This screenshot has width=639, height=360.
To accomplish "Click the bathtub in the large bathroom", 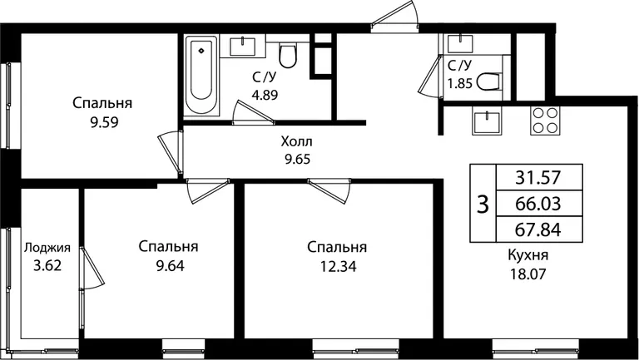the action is point(201,76).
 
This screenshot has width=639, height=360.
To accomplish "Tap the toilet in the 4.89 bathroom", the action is point(288,56).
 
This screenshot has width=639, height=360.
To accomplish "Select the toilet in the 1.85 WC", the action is point(488,81).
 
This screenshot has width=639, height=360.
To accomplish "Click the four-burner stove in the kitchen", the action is point(545,121).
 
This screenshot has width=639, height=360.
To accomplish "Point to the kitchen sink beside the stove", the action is point(487,121).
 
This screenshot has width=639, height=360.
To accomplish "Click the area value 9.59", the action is point(104,122).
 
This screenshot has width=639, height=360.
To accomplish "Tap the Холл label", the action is point(297,141).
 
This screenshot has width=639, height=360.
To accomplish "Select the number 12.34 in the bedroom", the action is point(338,266).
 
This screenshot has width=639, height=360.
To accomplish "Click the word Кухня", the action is point(528,255).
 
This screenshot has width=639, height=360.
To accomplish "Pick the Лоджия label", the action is point(47,248).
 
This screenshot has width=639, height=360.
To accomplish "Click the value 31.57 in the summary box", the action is point(538,178).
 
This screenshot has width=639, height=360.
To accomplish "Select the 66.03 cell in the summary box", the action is point(538,203).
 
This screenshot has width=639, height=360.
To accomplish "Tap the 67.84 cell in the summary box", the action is point(538,229).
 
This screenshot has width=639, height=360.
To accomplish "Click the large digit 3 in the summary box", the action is point(483,204).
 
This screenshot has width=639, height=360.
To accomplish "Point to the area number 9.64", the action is point(170,266).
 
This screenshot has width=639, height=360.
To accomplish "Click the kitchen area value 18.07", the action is point(528,274).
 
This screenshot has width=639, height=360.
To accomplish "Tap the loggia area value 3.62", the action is point(47,265).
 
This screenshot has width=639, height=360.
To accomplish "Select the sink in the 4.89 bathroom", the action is point(243,46).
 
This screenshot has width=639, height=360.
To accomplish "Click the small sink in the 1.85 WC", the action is point(460,43).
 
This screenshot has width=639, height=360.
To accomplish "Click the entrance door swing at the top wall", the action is point(394,16).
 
